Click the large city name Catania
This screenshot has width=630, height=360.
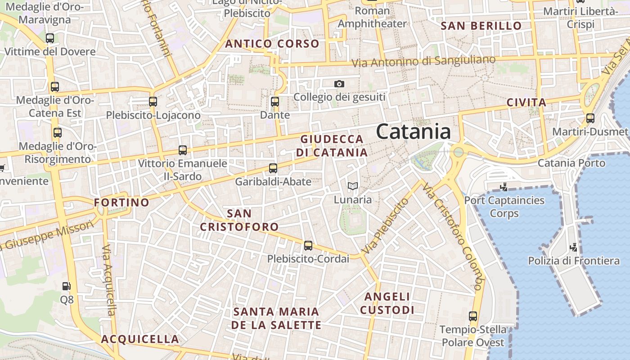413,132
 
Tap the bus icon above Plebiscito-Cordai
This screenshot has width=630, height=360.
308,245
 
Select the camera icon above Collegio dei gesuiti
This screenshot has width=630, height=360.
339,84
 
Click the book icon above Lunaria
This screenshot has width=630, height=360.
353,186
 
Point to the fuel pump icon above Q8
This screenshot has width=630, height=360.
66,286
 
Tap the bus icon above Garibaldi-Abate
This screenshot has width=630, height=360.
273,168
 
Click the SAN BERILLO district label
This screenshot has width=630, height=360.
481,26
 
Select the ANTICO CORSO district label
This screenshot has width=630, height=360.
272,44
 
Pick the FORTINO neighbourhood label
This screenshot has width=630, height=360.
121,202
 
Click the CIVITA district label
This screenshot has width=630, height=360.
526,102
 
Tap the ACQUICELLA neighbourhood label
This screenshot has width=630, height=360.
140,339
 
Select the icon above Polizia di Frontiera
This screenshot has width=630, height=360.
573,247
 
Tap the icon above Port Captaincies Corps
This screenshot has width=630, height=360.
504,186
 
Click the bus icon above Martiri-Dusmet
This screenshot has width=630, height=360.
590,118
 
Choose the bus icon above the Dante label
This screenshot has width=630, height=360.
275,102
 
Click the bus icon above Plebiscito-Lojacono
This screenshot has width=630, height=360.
153,102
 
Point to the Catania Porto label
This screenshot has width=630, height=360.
571,163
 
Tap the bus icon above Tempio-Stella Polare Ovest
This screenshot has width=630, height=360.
472,316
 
